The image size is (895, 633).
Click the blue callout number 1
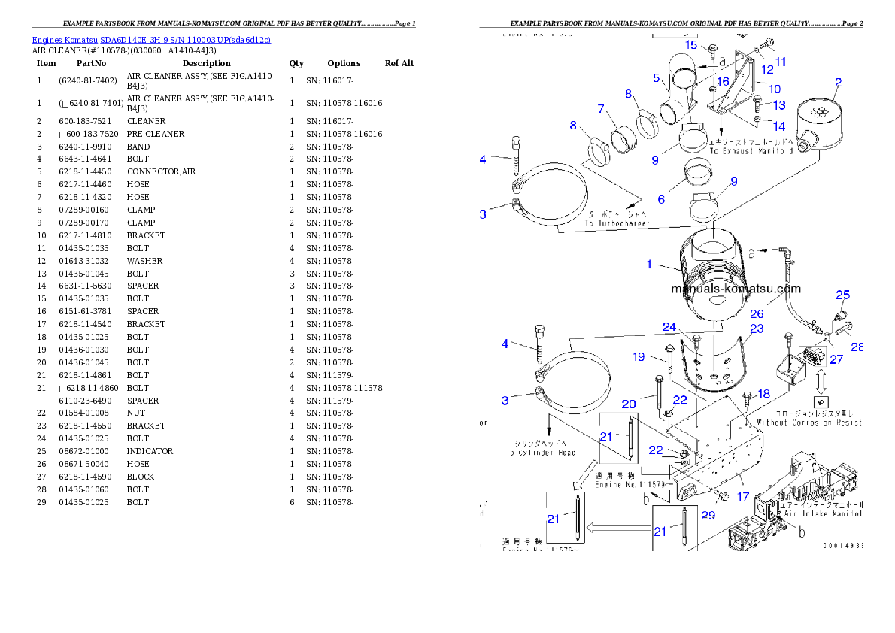tap(649, 265)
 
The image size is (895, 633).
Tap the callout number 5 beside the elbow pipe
tap(656, 77)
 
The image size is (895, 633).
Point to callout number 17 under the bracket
tap(742, 496)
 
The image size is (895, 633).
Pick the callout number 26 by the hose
tap(757, 313)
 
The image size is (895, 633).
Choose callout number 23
tap(757, 329)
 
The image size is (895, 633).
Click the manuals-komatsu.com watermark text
tap(736, 289)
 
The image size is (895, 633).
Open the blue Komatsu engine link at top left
tap(150, 39)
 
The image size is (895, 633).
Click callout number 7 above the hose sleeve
tap(601, 109)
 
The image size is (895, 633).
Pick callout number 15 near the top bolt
tap(691, 44)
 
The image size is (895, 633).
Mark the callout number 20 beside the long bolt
tap(629, 404)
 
